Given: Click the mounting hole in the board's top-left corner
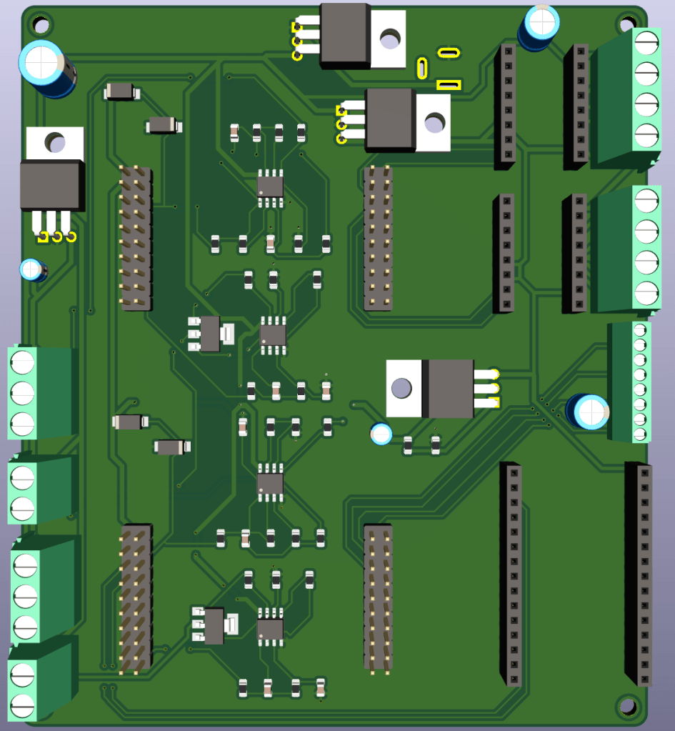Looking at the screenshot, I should pos(41,26).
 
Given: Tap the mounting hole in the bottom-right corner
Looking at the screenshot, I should pos(627,706).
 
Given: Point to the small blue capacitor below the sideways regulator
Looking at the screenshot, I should pos(381,434).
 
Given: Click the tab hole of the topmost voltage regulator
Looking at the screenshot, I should pos(390,39).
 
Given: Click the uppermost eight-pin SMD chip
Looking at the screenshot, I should pos(270,185).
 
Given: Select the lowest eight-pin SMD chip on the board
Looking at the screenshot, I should pos(270,629).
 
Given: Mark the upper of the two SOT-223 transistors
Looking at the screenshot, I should pos(210,334).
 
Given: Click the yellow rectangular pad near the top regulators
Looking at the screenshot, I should pos(449,85).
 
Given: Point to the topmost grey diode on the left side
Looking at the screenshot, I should pos(121,91).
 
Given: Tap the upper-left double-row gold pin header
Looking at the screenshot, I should pos(136,238).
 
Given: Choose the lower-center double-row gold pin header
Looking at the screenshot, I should pos(379,597).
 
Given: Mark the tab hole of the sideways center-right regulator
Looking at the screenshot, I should pos(401,389).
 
